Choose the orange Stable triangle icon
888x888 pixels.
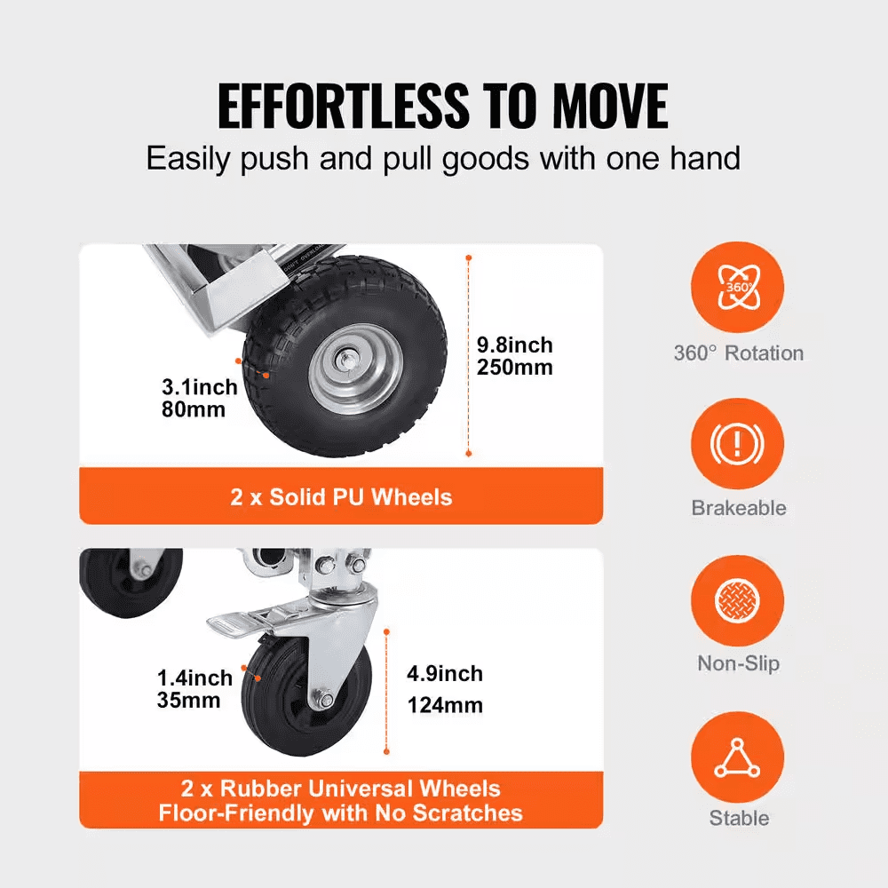pos(738,754)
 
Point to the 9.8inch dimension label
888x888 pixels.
pos(514,345)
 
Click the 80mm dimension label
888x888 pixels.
pos(194,409)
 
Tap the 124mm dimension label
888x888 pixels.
pos(446,706)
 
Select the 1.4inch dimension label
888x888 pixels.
pos(195,678)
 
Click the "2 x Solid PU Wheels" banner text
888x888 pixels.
pos(341,496)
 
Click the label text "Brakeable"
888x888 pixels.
pos(739,508)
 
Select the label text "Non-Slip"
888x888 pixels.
pos(739,663)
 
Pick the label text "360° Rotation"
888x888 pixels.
pos(739,353)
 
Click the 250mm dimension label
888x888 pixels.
pos(515,367)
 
